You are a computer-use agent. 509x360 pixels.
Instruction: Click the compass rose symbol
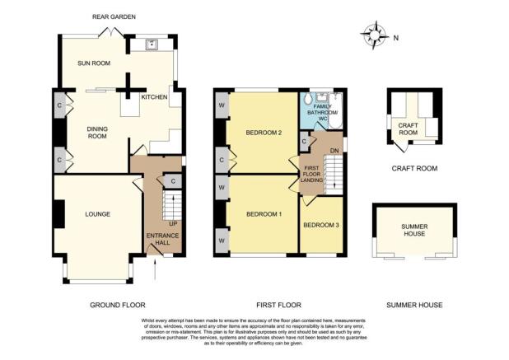click(x=375, y=35)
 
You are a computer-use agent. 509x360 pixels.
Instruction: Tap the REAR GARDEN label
click(x=114, y=16)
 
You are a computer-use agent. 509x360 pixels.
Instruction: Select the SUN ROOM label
click(x=94, y=63)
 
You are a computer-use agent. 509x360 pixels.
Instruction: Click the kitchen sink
click(x=152, y=44)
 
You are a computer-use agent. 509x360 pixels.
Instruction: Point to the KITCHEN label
click(x=154, y=97)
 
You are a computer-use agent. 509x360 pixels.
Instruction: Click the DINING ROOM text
click(x=97, y=133)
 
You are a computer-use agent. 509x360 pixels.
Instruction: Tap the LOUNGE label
click(x=98, y=214)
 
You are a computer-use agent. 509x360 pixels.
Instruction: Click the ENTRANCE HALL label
click(x=162, y=239)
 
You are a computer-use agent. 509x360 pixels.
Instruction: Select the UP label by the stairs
click(x=173, y=223)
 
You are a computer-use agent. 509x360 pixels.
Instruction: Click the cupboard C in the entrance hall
click(x=173, y=181)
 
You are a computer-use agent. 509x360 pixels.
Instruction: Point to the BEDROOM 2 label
click(x=264, y=133)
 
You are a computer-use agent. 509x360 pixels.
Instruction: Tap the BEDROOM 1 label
click(x=264, y=214)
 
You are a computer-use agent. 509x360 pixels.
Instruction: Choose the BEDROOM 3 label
click(x=321, y=225)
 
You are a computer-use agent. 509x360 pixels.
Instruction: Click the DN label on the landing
click(x=334, y=151)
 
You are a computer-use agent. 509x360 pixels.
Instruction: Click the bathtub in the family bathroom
click(x=334, y=110)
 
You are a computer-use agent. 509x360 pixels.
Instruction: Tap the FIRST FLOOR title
click(x=279, y=305)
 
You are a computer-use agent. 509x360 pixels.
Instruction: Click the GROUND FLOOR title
click(x=118, y=305)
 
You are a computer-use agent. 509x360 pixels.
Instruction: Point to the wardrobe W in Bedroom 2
click(x=222, y=105)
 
